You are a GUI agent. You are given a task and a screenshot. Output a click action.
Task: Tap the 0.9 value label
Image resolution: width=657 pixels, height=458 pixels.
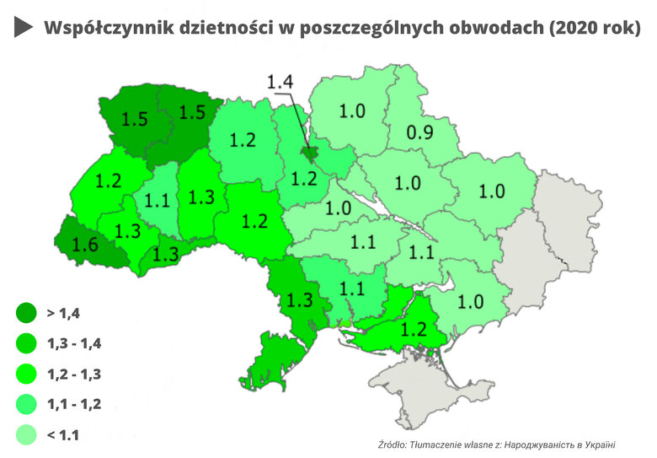pos(420,132)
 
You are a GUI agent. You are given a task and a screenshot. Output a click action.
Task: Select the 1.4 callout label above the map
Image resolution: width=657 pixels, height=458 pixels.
pos(280,82)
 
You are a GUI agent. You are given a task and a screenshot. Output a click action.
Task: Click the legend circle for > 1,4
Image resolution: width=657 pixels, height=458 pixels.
pos(26,313)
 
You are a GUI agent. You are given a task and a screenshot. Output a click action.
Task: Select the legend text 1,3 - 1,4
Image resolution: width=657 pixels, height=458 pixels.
pos(74,343)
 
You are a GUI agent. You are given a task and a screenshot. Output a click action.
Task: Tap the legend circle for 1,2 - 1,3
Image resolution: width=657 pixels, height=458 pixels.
pos(26,374)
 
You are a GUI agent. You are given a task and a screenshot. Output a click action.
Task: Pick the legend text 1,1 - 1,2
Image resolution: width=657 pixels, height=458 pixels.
pos(74,404)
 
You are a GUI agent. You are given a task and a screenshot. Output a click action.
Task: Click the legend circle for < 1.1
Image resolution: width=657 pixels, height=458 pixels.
pos(26,434)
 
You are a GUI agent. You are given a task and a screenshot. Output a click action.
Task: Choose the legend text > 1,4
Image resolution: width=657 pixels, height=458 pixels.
pos(63,313)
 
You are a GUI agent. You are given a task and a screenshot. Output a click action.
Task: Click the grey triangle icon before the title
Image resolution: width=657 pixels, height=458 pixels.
pos(24,28)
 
